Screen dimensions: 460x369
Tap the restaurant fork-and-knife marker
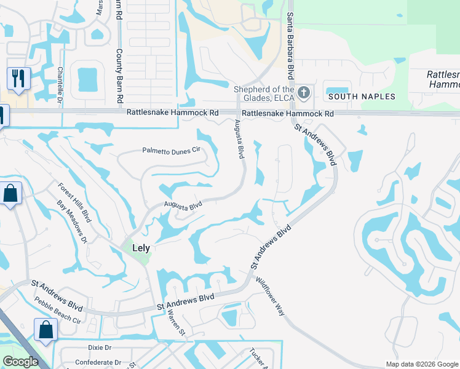[17, 79]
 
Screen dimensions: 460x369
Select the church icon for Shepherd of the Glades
[303, 93]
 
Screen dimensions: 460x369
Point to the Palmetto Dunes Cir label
[172, 149]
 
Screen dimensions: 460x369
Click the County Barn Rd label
[120, 77]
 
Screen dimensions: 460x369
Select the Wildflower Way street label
[271, 296]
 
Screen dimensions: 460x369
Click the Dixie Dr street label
[99, 347]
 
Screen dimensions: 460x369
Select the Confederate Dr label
[95, 363]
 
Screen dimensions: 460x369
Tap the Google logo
[20, 362]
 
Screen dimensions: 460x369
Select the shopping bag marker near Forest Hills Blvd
[11, 194]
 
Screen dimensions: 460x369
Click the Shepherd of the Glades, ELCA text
[264, 92]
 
